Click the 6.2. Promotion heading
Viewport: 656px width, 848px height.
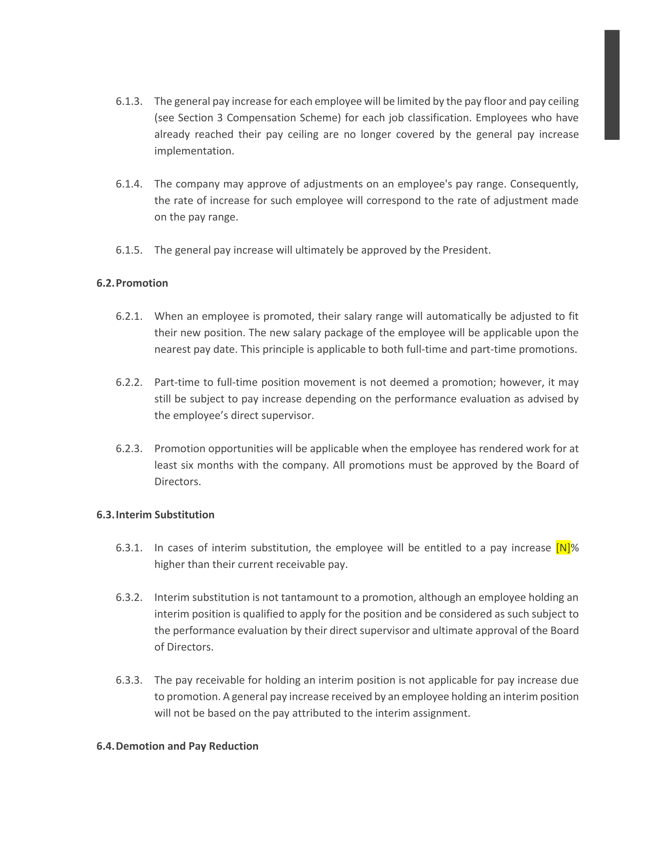tap(132, 283)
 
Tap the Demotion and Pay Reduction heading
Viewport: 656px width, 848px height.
tap(178, 746)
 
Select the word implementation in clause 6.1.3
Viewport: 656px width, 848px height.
tap(194, 151)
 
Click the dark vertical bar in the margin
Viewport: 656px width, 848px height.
tap(612, 85)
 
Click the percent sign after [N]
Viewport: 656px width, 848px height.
tap(575, 548)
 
